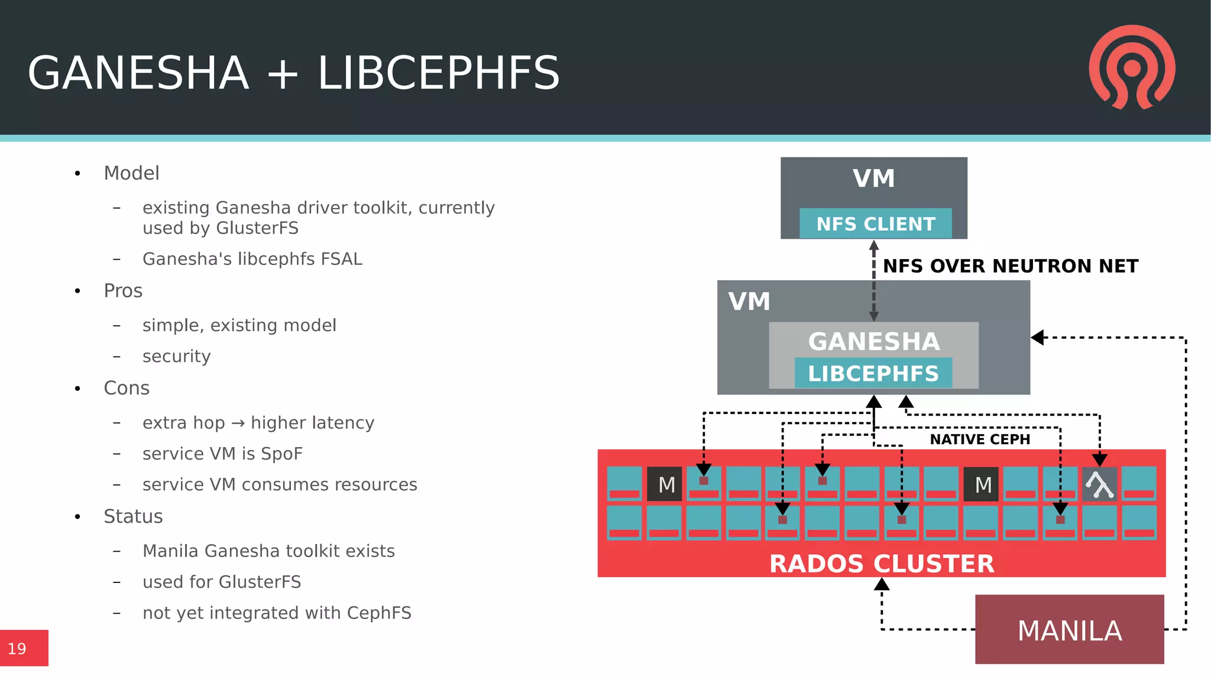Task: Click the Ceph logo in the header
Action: coord(1132,67)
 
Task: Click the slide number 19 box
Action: coord(24,648)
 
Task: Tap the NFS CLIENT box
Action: coord(875,224)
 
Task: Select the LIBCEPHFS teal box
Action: coord(873,373)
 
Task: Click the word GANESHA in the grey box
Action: coord(873,341)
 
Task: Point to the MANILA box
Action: coord(1069,630)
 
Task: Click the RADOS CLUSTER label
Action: coord(881,564)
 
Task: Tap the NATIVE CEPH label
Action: coord(979,439)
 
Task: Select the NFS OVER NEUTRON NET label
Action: coord(1010,266)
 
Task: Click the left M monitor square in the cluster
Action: coord(665,484)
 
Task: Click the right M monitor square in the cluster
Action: coord(981,484)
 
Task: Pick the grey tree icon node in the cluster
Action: coord(1099,484)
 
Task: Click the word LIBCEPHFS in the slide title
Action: coord(438,73)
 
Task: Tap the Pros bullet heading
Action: coord(123,291)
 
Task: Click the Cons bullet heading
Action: coord(127,388)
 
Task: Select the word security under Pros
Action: coord(176,356)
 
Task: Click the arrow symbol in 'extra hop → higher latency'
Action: coord(238,423)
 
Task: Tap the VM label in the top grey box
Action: coord(873,179)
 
